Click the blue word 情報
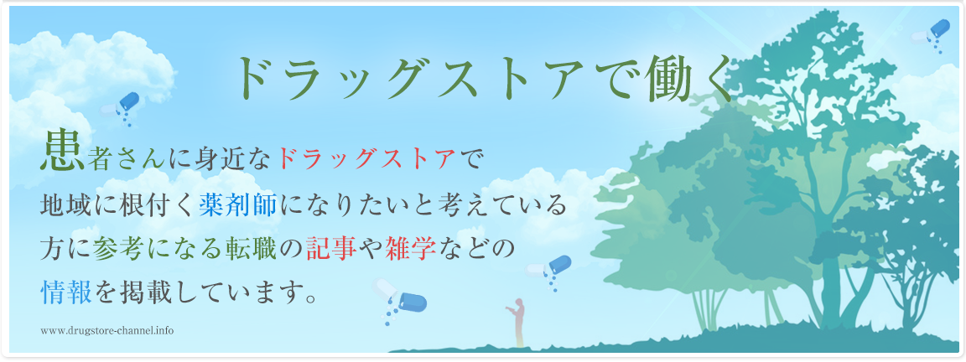click(x=66, y=292)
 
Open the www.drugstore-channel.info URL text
click(x=107, y=331)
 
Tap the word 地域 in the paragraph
click(x=66, y=205)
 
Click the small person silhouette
click(x=519, y=322)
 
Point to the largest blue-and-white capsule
click(x=400, y=298)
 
